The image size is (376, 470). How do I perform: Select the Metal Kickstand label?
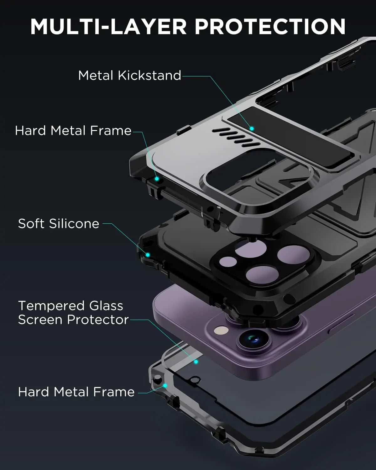[x=130, y=76]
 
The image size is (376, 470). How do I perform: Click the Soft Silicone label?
[x=59, y=224]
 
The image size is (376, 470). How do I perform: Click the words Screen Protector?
[x=73, y=320]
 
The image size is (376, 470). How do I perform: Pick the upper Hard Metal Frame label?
[x=73, y=131]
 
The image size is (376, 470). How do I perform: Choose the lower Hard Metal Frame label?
[x=76, y=392]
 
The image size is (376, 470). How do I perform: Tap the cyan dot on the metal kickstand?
[x=251, y=128]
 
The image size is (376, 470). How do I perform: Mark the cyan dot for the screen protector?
[x=196, y=362]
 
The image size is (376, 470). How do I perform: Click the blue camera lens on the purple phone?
[x=253, y=339]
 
